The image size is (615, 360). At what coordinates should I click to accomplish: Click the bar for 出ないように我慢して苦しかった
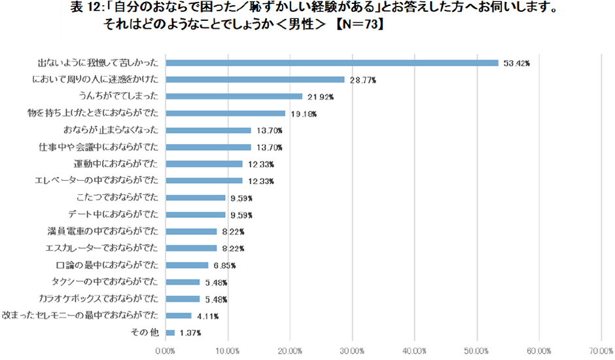point(332,63)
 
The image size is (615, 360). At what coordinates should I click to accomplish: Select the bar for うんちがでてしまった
point(234,97)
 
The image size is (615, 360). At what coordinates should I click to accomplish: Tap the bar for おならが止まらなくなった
point(208,130)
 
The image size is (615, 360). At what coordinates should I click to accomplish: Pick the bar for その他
point(170,333)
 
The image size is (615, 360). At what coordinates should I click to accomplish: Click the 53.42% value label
point(516,63)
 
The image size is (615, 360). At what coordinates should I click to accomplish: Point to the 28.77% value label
point(363,81)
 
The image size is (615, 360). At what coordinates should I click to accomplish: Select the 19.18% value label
point(304,114)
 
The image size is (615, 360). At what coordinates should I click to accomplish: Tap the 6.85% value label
point(224,266)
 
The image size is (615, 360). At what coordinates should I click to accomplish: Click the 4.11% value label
point(207,316)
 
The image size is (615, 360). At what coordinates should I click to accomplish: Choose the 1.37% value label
point(190,333)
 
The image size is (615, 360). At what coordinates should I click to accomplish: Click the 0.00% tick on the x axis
point(166,351)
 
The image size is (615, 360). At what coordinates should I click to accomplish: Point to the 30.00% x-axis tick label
point(353,351)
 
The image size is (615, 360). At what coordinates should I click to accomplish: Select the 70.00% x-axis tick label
point(601,351)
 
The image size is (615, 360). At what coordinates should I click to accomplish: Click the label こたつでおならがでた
point(117,197)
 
